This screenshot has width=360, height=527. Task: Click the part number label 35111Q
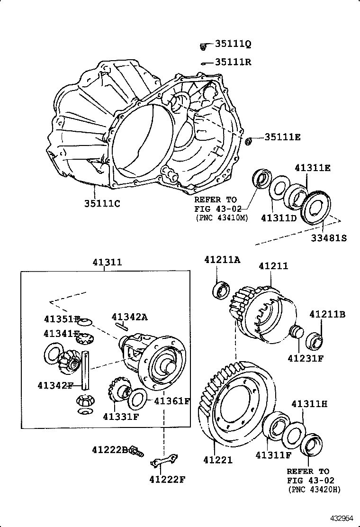233,44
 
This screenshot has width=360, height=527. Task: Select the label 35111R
233,62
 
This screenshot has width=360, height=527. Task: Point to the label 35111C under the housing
102,204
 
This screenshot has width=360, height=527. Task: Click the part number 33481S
329,237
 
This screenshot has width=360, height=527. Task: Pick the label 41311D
279,218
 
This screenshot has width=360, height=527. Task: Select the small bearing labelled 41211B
315,340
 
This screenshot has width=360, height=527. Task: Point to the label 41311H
309,404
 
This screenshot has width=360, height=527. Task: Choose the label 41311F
273,455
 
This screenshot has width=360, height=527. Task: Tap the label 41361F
172,401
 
